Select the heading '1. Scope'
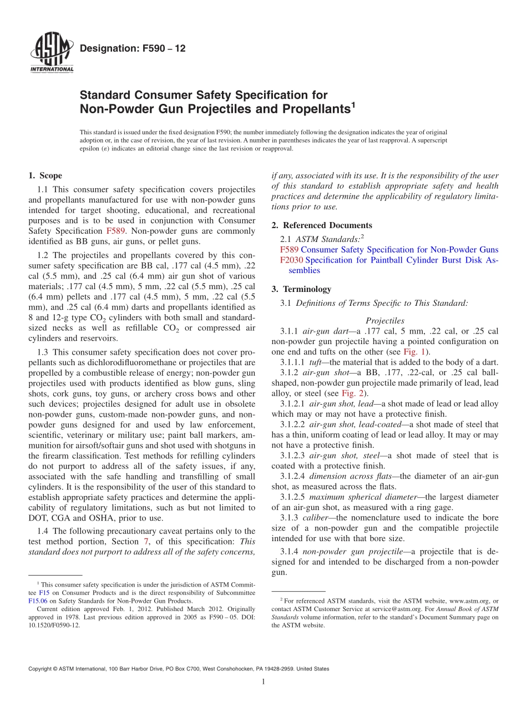[45, 176]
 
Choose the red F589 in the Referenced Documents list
[289, 250]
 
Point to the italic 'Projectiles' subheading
[385, 321]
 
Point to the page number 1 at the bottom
[263, 682]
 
